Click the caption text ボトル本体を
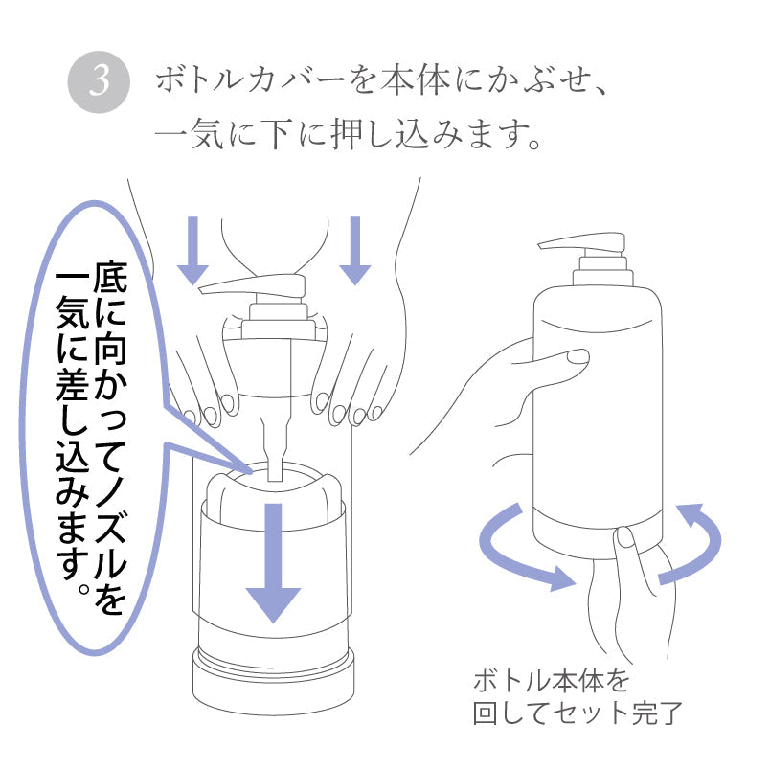[x=553, y=683]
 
